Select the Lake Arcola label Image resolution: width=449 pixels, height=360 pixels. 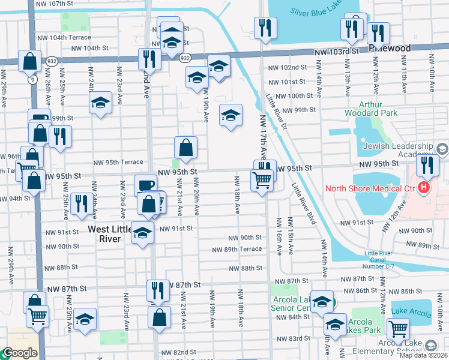click(411, 312)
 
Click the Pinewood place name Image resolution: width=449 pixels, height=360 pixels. click(390, 49)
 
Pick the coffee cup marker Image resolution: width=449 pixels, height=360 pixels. click(144, 185)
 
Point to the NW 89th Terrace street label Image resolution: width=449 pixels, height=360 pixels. click(237, 249)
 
